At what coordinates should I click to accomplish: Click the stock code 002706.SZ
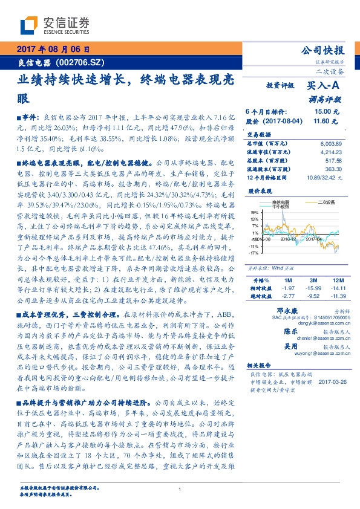[83, 62]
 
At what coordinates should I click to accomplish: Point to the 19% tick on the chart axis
[254, 213]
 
